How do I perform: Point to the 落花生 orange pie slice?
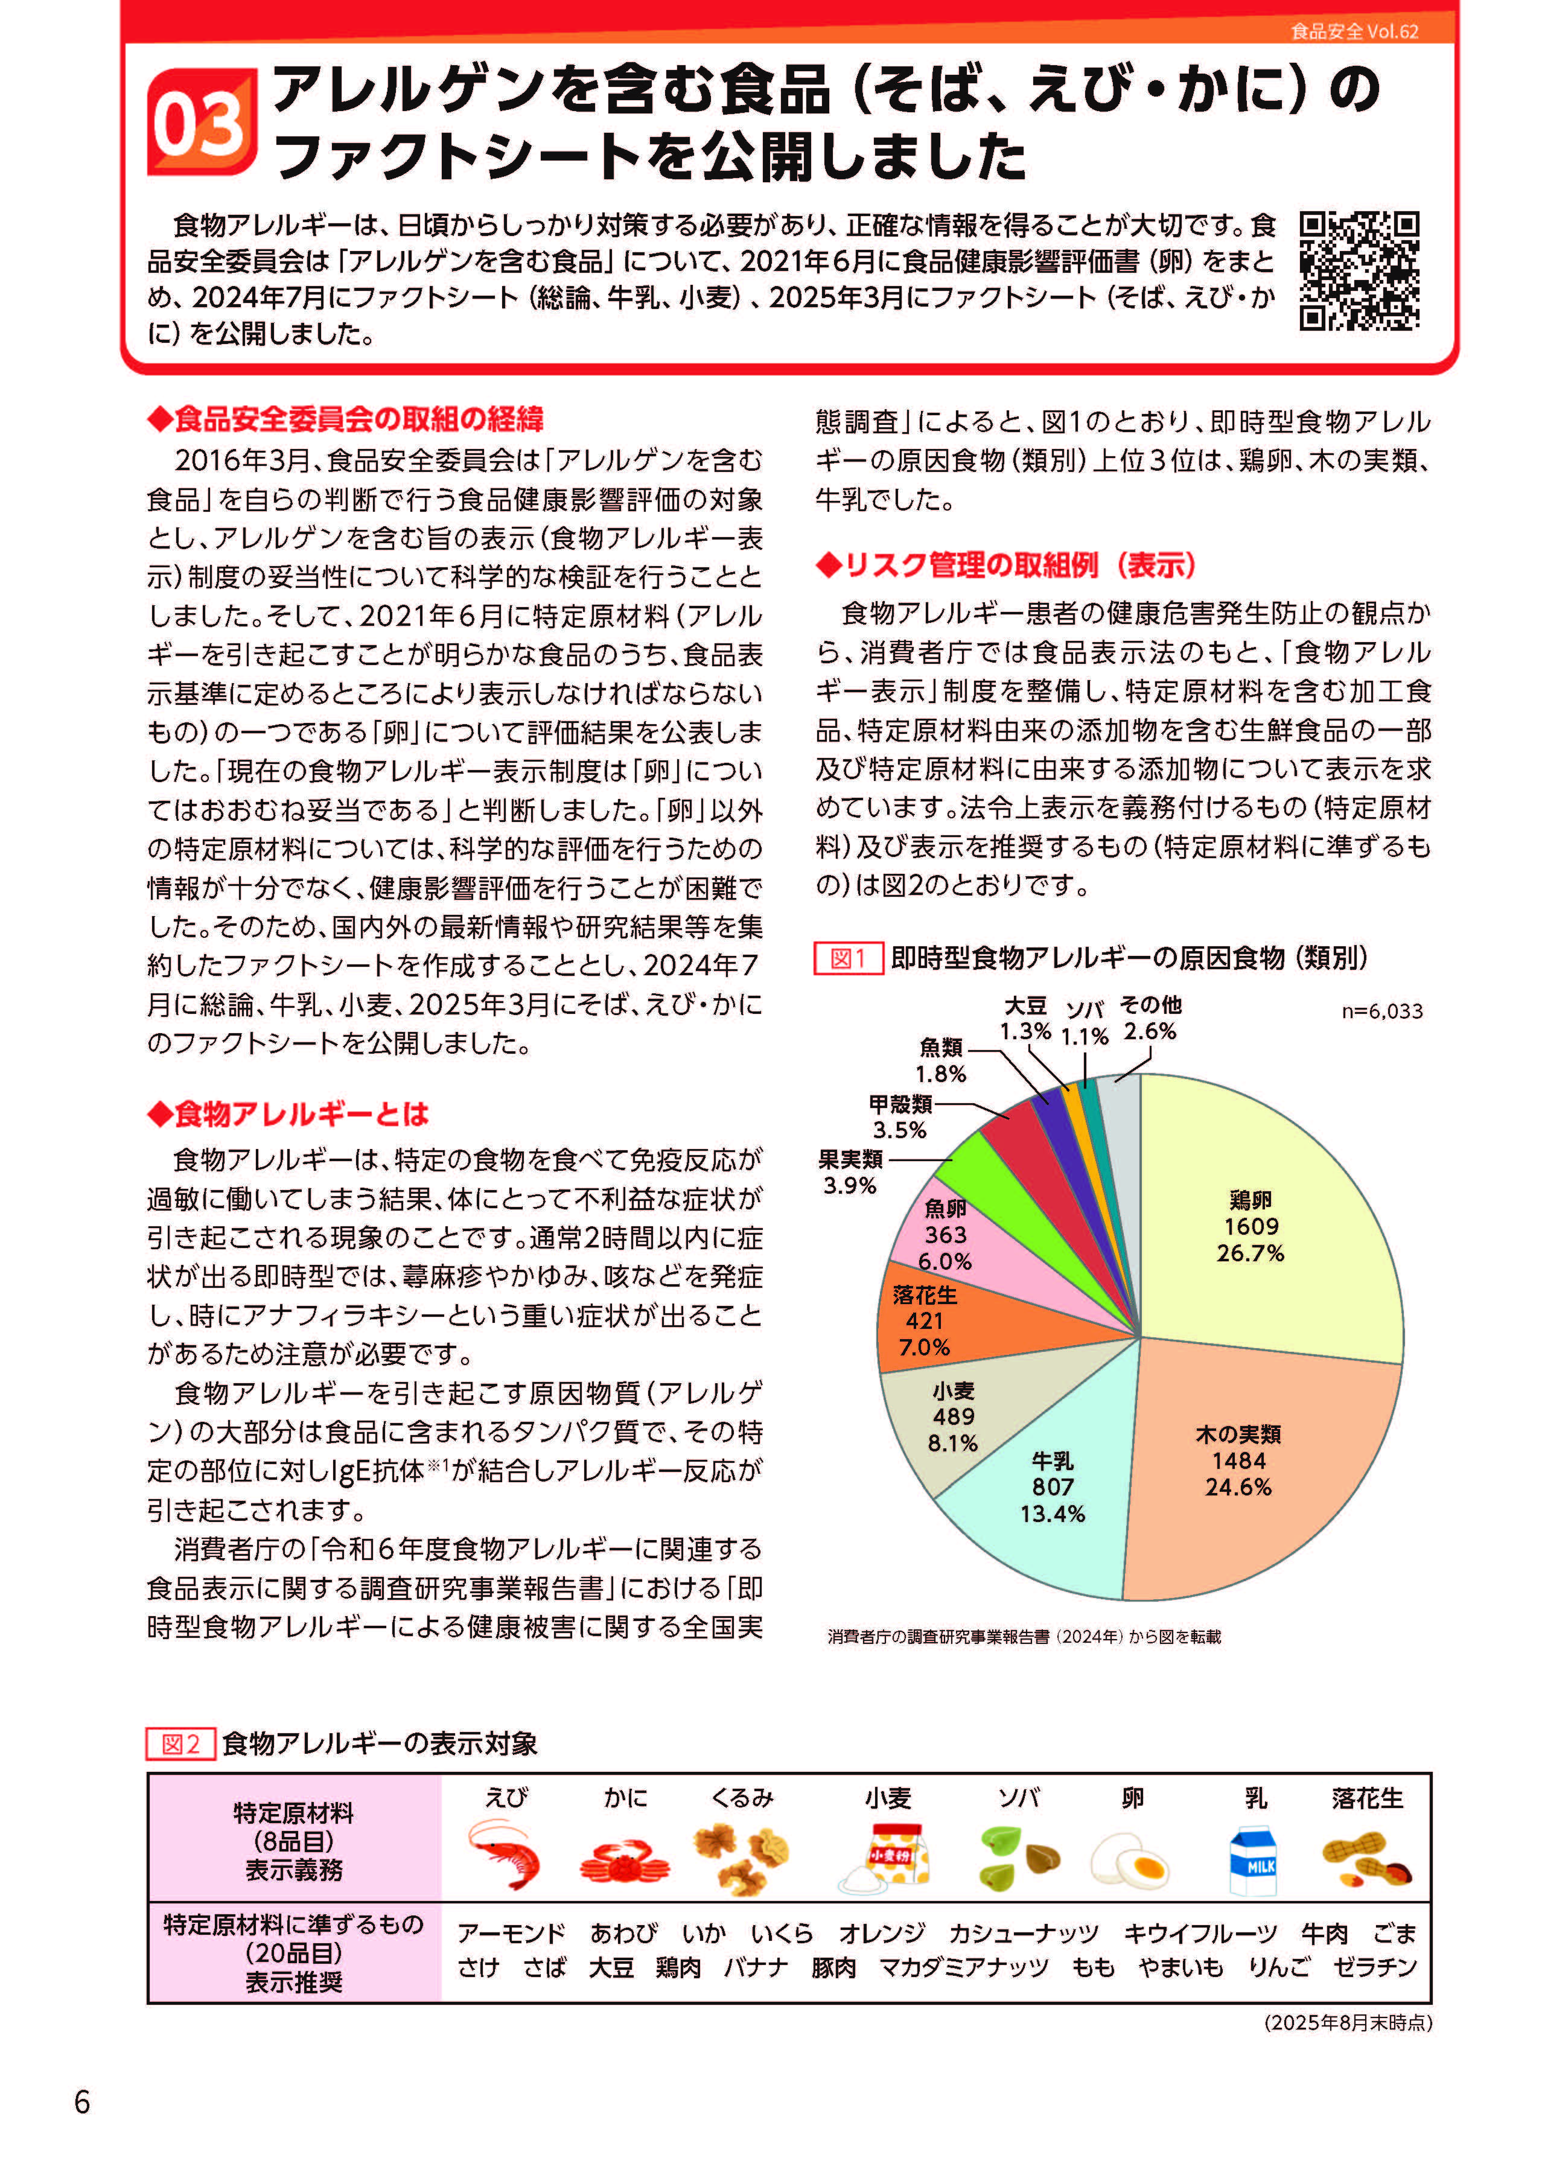(x=931, y=1320)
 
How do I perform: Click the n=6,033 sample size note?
(x=1381, y=1011)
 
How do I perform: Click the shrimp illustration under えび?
(x=505, y=1855)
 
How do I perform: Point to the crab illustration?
(x=624, y=1860)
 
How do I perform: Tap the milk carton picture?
(x=1254, y=1860)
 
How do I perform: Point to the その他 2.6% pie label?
(x=1150, y=1018)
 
